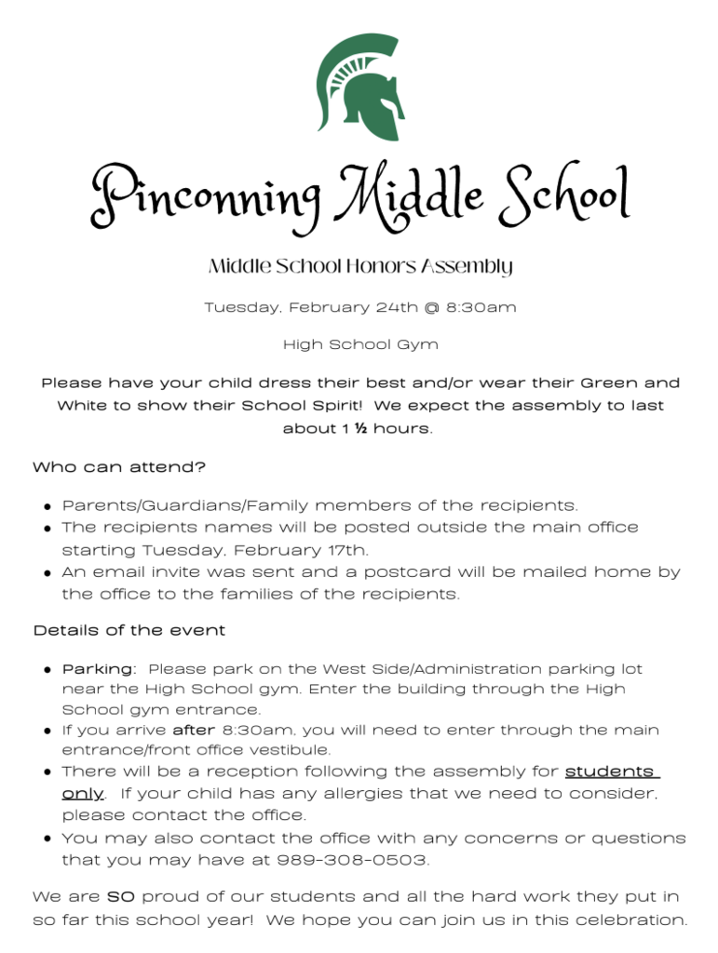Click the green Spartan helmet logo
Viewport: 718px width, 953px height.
[359, 86]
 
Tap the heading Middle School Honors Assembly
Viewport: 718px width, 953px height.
[359, 267]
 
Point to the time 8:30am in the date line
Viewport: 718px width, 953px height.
[484, 306]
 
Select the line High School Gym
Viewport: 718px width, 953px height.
[359, 344]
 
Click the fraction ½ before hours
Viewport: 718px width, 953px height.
[359, 428]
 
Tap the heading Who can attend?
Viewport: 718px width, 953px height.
[119, 467]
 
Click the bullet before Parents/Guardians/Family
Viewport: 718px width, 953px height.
[47, 507]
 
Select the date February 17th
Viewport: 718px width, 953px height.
[307, 550]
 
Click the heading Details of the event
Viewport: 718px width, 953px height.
[129, 630]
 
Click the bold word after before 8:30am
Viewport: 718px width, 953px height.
[194, 730]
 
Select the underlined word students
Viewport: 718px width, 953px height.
[611, 772]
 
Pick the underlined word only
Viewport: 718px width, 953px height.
[82, 794]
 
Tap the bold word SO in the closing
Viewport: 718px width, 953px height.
[122, 897]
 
